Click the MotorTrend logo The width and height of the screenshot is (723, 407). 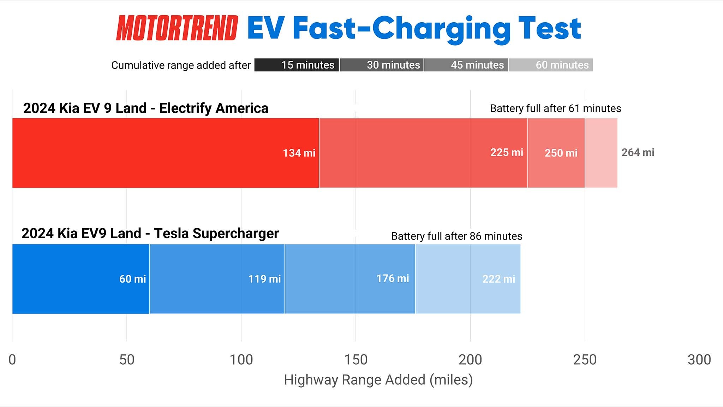(x=177, y=28)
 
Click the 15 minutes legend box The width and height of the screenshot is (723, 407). (x=297, y=65)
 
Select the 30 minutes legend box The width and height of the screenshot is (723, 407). (x=382, y=65)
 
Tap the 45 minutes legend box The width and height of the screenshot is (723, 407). (x=466, y=65)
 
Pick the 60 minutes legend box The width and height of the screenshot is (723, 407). (x=551, y=65)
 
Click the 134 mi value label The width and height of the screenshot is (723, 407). (x=299, y=153)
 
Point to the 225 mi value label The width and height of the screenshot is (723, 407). (x=507, y=152)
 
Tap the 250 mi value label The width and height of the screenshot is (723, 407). (x=561, y=153)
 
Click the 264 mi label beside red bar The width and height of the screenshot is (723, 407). (x=638, y=152)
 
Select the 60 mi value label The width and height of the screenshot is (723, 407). (x=132, y=279)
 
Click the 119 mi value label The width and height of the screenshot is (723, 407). (x=264, y=279)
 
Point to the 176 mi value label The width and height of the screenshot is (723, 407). (x=393, y=278)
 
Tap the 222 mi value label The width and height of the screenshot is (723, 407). (x=498, y=279)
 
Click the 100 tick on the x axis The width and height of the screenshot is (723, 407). (x=241, y=360)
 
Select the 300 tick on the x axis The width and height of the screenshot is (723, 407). (x=699, y=360)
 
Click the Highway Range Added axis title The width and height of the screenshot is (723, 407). (x=378, y=380)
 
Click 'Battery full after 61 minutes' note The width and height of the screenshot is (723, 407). (x=555, y=108)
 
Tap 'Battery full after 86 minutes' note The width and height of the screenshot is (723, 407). (x=456, y=236)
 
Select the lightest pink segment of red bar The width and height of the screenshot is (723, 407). (x=601, y=153)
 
